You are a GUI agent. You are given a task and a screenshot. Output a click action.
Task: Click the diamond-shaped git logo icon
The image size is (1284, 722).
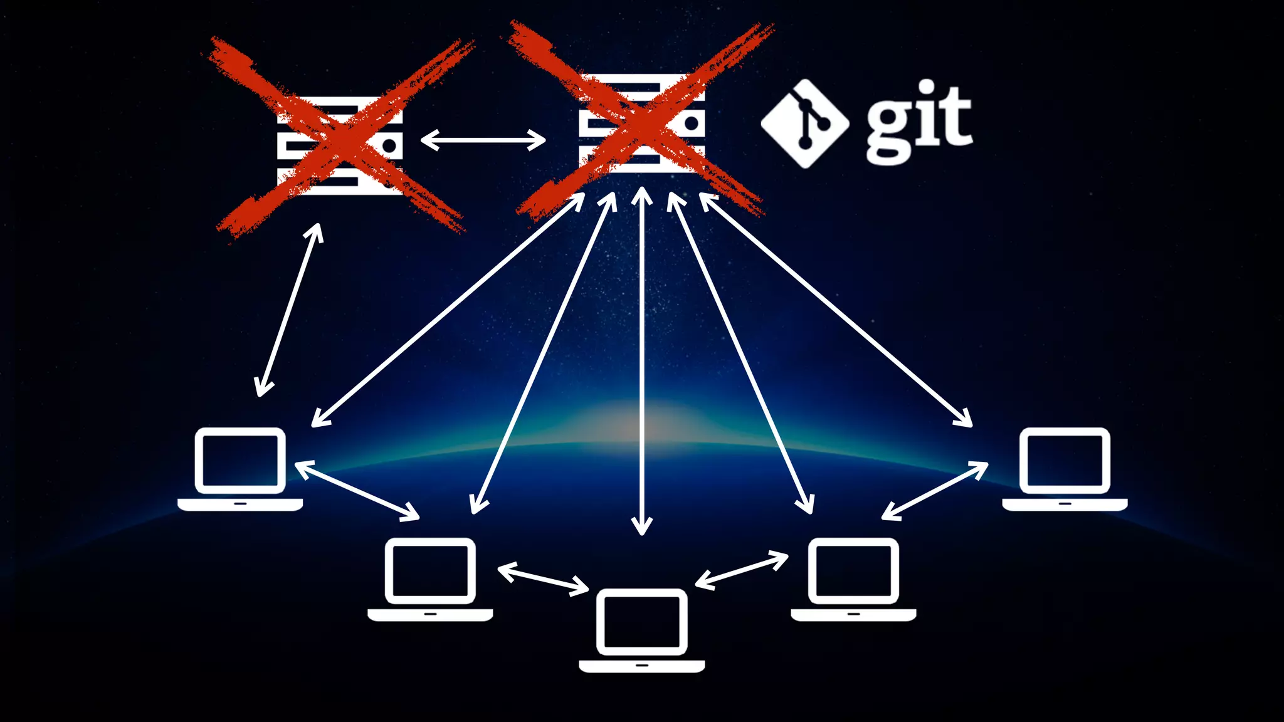coord(805,123)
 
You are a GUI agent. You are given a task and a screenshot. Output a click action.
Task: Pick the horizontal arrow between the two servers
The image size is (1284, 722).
coord(483,140)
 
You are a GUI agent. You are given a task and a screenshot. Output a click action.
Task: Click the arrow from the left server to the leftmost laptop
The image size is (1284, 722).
coord(289,310)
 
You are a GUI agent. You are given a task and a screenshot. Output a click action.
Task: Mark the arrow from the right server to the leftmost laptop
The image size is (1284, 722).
coord(448,310)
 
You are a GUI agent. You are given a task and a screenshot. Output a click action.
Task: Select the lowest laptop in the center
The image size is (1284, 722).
coord(641,630)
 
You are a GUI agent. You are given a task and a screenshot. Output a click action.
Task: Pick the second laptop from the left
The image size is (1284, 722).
coord(430,579)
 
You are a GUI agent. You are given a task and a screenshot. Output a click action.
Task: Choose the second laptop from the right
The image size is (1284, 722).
coord(853,579)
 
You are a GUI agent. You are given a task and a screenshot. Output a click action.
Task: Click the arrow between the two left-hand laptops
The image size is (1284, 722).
coord(357,491)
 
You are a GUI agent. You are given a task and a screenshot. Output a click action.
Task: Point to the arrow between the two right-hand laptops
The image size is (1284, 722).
coord(935,491)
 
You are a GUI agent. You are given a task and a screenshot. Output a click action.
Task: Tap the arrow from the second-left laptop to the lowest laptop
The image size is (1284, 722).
coord(543,580)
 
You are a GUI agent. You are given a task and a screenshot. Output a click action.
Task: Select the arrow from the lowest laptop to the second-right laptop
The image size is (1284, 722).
coord(742,570)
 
